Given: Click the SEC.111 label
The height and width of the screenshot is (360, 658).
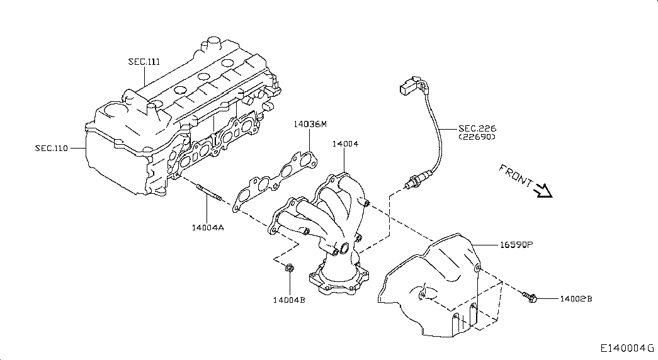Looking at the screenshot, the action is (144, 62).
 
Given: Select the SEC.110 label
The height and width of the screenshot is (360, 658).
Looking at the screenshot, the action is (51, 148).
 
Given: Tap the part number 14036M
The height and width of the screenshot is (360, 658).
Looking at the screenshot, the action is (310, 124).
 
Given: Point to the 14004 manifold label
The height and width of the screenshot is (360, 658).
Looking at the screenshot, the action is (345, 144).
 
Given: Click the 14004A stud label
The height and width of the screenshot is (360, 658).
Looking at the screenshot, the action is (208, 228).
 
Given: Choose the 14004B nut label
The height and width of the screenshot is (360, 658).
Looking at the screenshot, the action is (289, 300).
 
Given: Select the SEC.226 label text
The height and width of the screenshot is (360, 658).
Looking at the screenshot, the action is (477, 128).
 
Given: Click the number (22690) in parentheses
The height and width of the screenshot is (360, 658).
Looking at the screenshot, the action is (477, 137).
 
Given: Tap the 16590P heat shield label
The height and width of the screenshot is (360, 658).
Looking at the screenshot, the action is (516, 244).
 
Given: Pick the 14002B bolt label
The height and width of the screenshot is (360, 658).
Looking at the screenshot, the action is (576, 299).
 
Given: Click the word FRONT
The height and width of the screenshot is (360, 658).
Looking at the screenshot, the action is (516, 176).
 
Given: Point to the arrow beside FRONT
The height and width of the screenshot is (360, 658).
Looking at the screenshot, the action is (543, 191).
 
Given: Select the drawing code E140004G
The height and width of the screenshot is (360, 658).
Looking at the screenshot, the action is (627, 348).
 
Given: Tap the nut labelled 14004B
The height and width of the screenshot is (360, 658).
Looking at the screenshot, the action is (290, 267).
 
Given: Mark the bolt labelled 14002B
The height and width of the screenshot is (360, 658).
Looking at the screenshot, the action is (530, 297).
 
